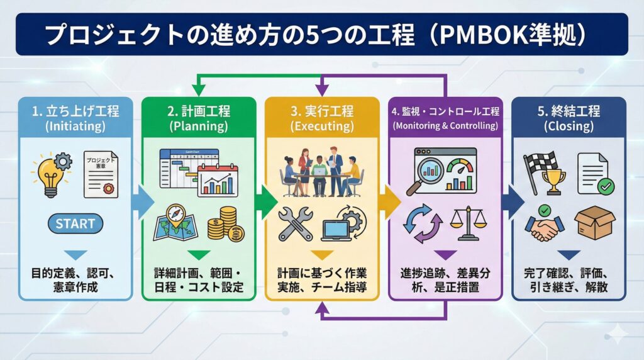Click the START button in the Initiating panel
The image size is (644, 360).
75,223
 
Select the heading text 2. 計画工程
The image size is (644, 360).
198,111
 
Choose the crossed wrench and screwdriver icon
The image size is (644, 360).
294,223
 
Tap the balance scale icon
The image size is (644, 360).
469,223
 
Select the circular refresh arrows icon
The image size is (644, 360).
421,223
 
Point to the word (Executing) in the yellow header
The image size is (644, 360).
321,126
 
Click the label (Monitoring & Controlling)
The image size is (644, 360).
445,126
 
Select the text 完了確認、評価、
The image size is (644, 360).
569,274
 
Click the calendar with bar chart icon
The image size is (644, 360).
218,179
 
